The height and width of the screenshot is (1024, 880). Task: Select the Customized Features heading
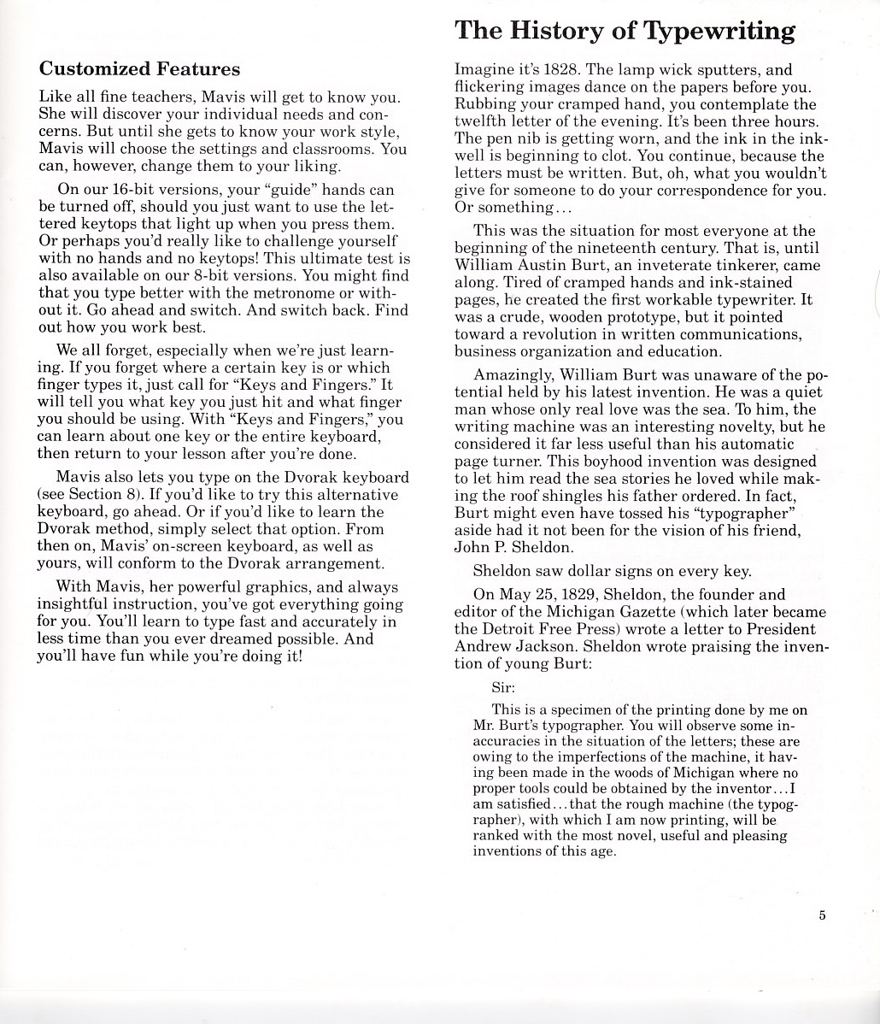click(140, 68)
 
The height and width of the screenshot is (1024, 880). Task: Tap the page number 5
click(822, 915)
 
